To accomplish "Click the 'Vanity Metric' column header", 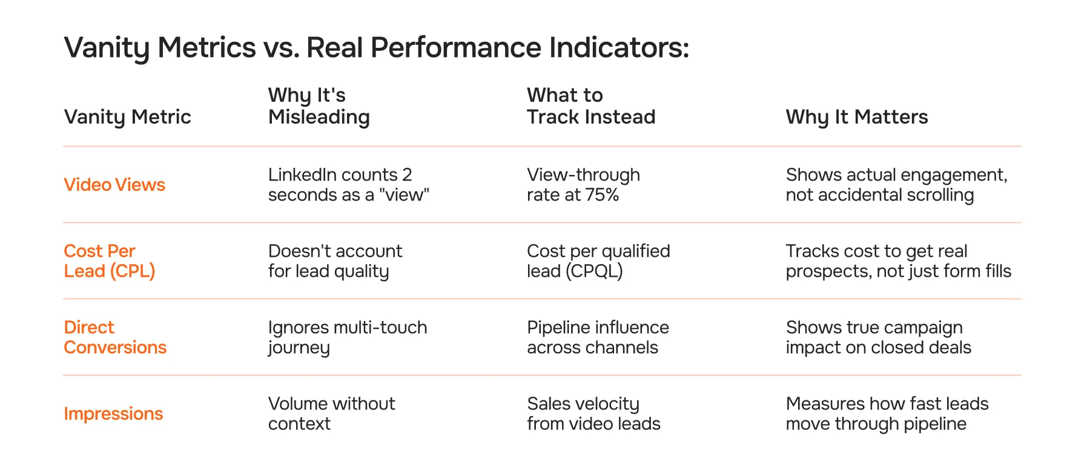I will pos(127,117).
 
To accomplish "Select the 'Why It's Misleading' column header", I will pos(319,106).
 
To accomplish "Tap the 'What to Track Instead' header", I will pos(590,106).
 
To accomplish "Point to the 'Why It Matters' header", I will pos(856,117).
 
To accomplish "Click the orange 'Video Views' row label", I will pos(114,185).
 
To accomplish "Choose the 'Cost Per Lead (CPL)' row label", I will pos(109,261).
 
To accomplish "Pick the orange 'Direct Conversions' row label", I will pos(115,337).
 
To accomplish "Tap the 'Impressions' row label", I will pos(113,414).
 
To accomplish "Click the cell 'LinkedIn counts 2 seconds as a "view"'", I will pos(348,185).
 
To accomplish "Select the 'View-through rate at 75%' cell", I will pos(583,185).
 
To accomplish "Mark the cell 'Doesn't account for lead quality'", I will pos(335,261).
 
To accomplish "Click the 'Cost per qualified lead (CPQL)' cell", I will pos(598,261).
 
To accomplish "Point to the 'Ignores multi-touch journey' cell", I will pos(347,337).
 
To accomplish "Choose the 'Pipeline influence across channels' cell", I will pos(597,337).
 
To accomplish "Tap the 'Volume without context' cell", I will pos(331,414).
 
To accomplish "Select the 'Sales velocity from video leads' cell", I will pos(593,414).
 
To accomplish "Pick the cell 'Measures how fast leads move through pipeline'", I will pos(887,414).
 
